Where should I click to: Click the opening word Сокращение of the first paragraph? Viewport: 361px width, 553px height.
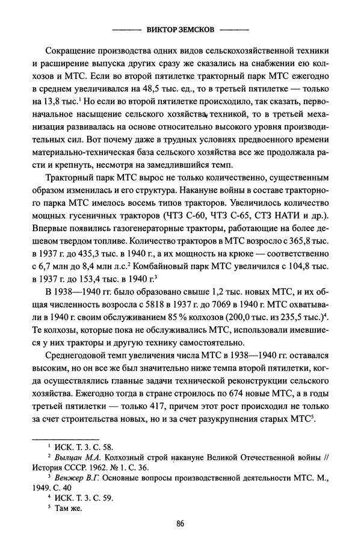(x=72, y=48)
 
